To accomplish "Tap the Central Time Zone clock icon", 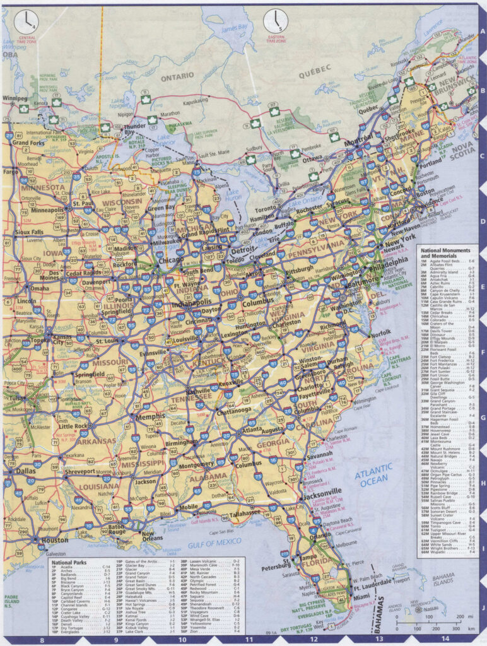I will coord(26,21).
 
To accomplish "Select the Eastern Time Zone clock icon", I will coord(275,21).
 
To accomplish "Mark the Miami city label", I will coord(362,597).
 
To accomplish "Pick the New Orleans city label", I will coord(156,537).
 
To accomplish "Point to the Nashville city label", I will coord(199,391).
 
